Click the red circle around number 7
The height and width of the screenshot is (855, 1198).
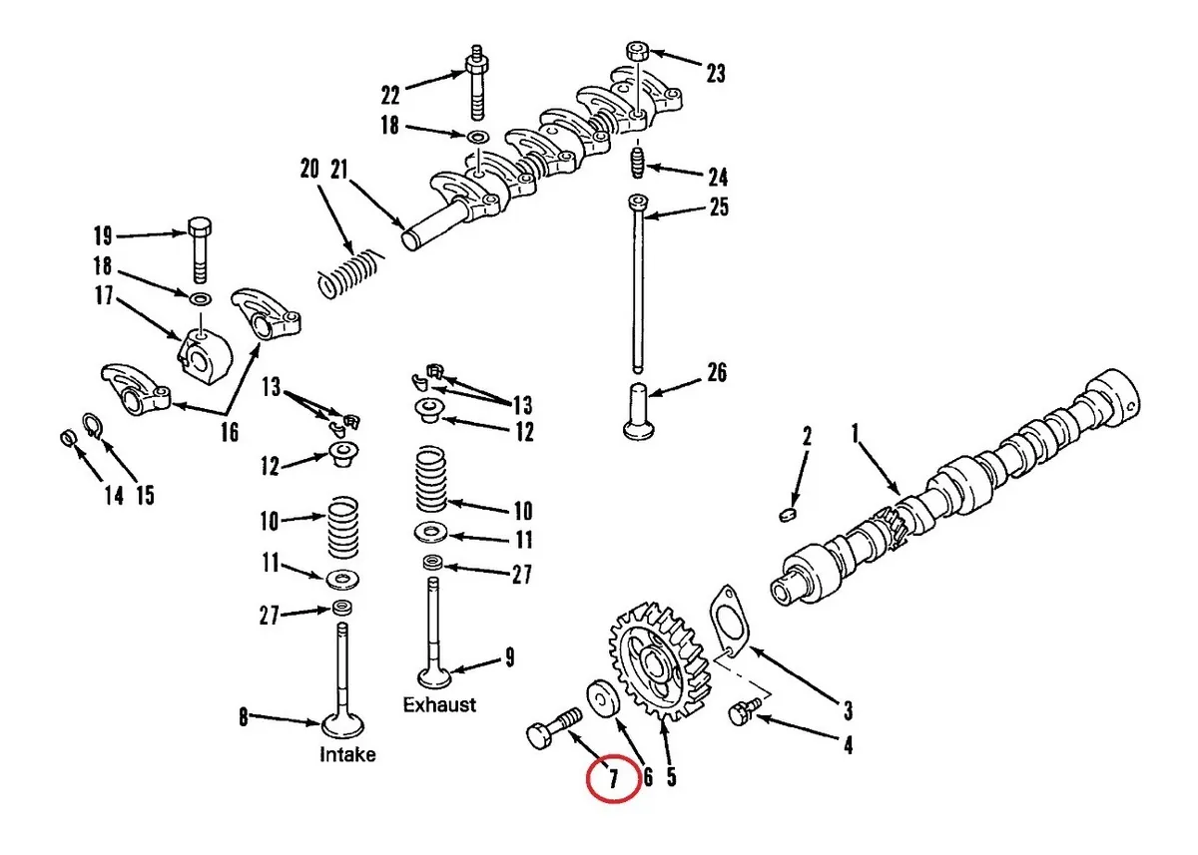click(x=612, y=777)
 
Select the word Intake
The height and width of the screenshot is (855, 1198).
click(x=347, y=754)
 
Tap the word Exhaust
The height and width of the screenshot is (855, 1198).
click(x=439, y=704)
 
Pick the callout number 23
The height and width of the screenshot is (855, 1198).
click(x=716, y=73)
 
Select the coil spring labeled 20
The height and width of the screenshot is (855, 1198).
click(x=349, y=271)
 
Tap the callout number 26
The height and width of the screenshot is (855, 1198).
click(x=716, y=373)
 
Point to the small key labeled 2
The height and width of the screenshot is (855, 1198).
click(x=786, y=513)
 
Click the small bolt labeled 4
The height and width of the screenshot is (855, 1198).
click(x=741, y=713)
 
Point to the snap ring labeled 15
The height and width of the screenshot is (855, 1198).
click(x=91, y=426)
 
